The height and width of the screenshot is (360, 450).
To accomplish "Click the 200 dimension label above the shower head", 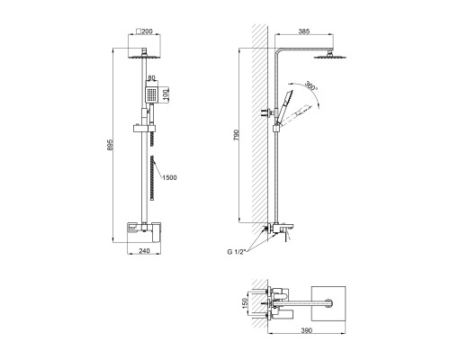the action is [x=147, y=31].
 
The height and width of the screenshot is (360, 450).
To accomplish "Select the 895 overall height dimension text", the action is [x=110, y=145].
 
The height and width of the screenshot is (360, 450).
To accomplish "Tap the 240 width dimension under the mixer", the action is [x=145, y=251].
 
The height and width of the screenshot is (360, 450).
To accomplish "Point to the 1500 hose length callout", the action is [x=169, y=177].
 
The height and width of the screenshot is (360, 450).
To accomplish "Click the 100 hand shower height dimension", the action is [x=166, y=94].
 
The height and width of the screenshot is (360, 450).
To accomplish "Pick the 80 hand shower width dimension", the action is [x=151, y=77].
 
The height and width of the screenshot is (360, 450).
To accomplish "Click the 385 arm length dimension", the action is [x=304, y=31].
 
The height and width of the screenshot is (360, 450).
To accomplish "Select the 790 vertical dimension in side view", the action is [x=236, y=136].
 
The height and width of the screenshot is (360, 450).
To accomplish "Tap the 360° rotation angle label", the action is [x=310, y=85].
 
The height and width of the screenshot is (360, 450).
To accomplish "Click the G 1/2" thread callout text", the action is [x=237, y=252].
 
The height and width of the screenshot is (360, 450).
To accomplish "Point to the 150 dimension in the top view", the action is [x=245, y=303].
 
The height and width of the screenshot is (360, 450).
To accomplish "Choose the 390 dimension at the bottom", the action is [x=306, y=330].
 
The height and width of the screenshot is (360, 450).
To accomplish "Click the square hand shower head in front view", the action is [x=151, y=94].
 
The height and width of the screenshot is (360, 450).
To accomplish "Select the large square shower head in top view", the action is [x=328, y=303].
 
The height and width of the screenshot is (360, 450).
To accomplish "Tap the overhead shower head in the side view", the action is [x=330, y=56].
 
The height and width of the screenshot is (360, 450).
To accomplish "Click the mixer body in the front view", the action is [x=144, y=232].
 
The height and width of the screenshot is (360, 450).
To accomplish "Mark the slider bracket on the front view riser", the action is [x=144, y=129].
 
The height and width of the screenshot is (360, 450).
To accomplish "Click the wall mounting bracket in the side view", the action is [x=268, y=113].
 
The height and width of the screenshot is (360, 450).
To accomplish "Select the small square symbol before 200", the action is [x=139, y=31].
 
